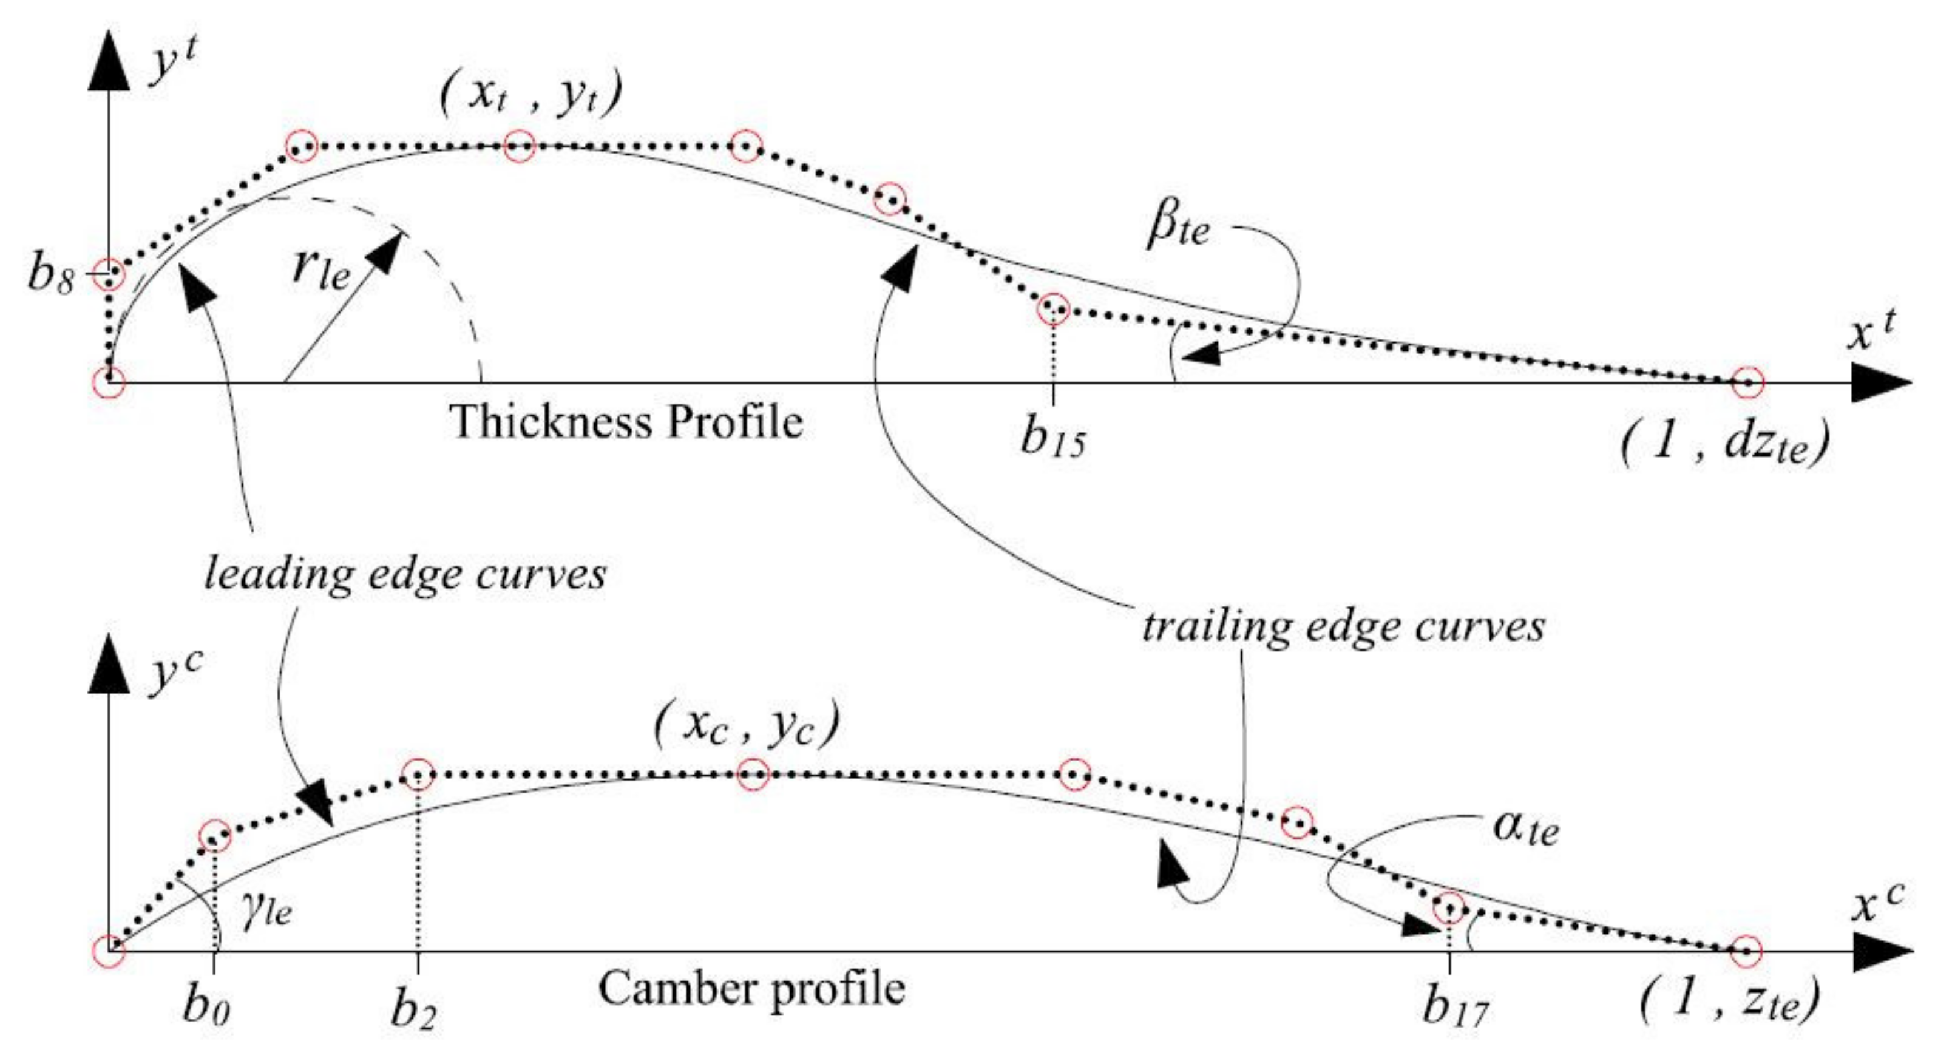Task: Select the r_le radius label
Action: tap(321, 266)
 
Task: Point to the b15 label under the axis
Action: tap(1053, 438)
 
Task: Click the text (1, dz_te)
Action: tap(1724, 442)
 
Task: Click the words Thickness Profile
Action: tap(626, 421)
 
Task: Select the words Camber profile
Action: tap(751, 989)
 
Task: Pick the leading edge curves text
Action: tap(405, 574)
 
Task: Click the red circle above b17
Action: tap(1449, 907)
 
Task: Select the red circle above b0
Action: tap(214, 836)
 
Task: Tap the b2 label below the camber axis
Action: tap(414, 1009)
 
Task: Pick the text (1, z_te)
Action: tap(1729, 1001)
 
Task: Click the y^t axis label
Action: tap(173, 64)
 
